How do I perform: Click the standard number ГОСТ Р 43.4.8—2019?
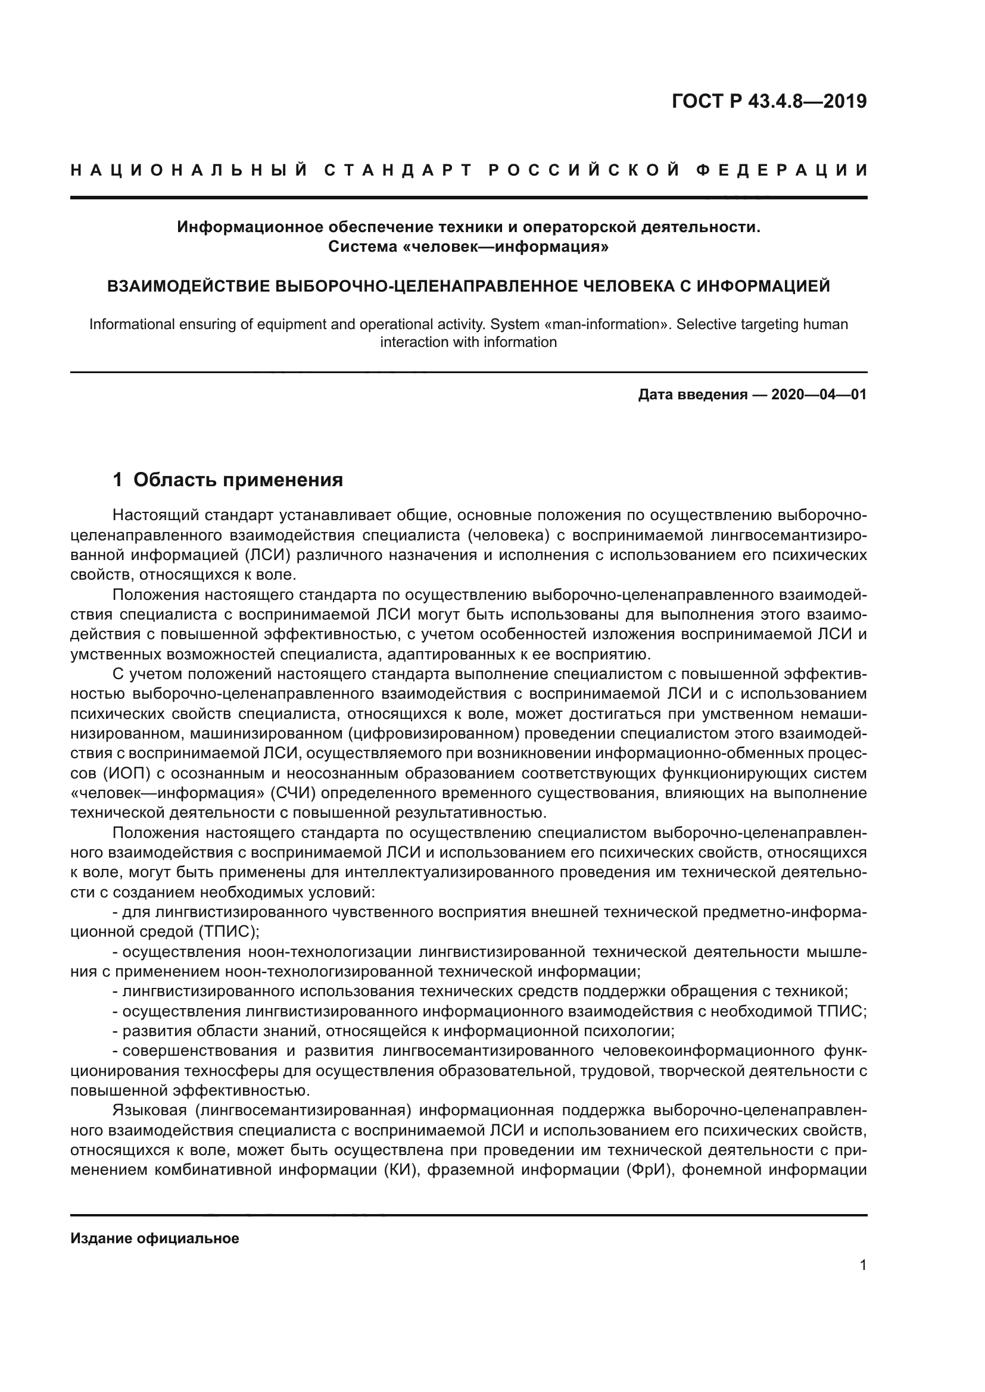769,101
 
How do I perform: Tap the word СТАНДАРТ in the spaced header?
398,170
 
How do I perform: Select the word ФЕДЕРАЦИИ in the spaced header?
782,170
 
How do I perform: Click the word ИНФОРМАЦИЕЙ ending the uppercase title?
762,286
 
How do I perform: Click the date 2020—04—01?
818,395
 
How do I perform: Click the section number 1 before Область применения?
118,480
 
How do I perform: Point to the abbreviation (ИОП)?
99,774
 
